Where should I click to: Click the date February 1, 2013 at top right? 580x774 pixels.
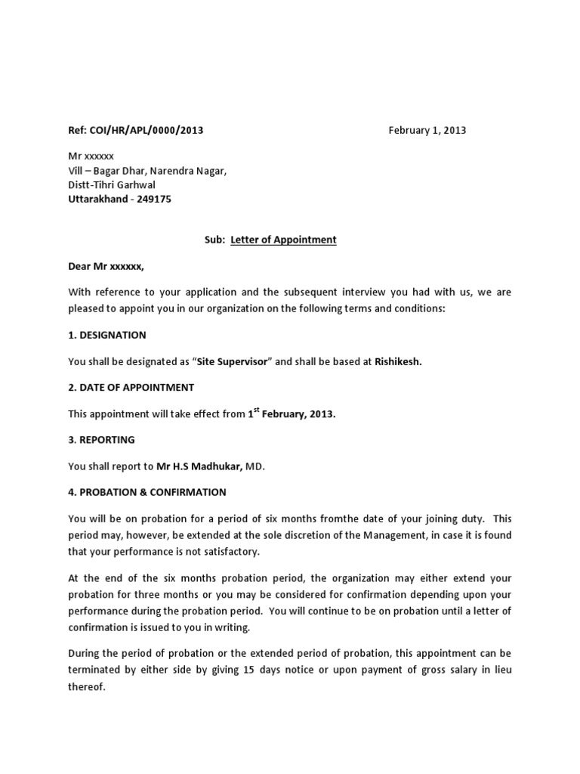tap(427, 130)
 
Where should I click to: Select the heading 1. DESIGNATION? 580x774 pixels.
tap(107, 335)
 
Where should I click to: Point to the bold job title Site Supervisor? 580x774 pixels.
tap(232, 362)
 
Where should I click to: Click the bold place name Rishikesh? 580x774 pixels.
tap(398, 362)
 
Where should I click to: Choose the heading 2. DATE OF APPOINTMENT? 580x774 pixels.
tap(131, 387)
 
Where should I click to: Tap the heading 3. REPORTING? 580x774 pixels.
tap(101, 439)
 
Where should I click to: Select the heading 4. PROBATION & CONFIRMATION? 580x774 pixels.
tap(147, 492)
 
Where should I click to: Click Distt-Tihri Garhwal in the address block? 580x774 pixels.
tap(114, 184)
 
